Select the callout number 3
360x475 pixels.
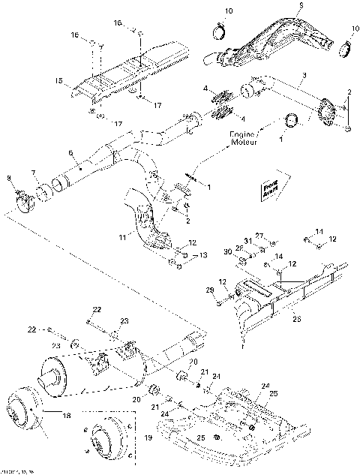tap(304, 75)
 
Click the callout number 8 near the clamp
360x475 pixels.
tap(10, 177)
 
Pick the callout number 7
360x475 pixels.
tap(33, 173)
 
